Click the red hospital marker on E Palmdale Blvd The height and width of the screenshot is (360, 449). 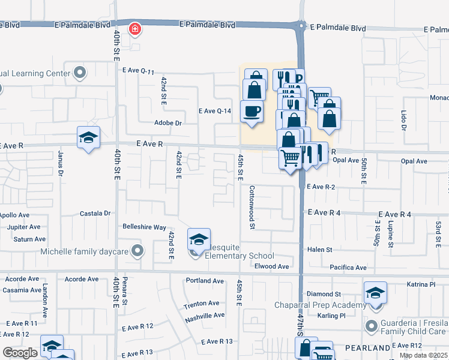click(x=136, y=28)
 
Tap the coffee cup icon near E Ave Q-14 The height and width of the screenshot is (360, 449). click(x=252, y=111)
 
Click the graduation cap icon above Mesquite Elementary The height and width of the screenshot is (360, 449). click(x=199, y=239)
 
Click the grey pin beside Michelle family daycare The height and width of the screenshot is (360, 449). click(x=138, y=251)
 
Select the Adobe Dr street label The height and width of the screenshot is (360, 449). click(x=168, y=122)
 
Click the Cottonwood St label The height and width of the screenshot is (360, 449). click(x=252, y=206)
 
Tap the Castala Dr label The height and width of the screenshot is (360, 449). click(x=96, y=213)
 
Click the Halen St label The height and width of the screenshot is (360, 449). click(x=319, y=250)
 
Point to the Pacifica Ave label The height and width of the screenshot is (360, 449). click(x=348, y=267)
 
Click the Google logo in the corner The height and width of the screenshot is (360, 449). click(x=20, y=353)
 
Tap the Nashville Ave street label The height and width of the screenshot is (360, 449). click(x=204, y=316)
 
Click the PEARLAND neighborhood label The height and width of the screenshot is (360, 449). click(x=368, y=348)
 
